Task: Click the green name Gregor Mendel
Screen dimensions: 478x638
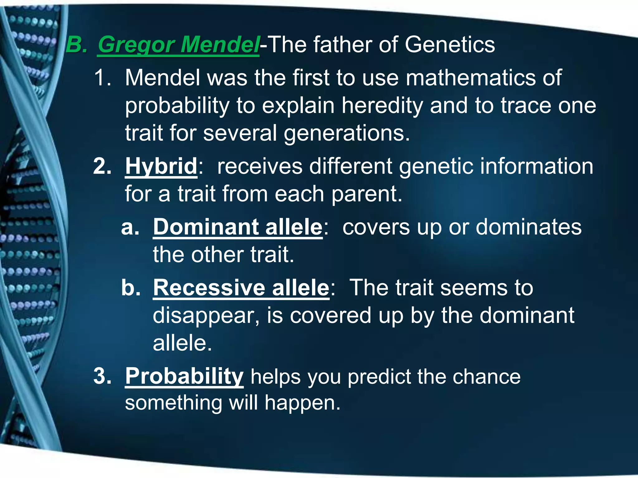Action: [x=178, y=45]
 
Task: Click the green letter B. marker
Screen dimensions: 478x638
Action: [x=76, y=45]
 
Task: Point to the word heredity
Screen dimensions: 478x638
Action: [x=382, y=105]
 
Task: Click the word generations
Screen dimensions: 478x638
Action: [x=346, y=133]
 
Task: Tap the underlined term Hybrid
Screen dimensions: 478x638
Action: [x=161, y=166]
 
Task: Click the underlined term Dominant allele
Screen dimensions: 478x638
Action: [x=237, y=227]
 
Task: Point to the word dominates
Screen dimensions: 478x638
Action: [x=528, y=227]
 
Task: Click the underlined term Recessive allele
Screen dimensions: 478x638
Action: [x=241, y=288]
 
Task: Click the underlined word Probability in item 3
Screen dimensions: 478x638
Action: [x=184, y=377]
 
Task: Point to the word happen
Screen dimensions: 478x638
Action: [x=302, y=403]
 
